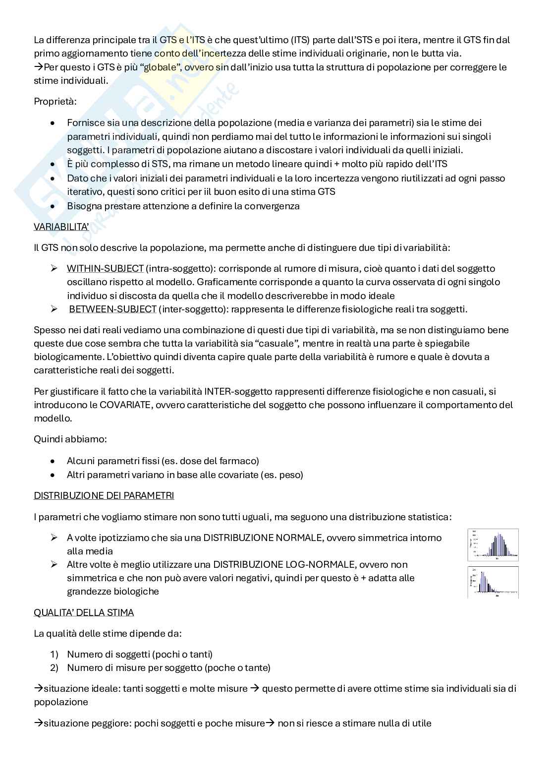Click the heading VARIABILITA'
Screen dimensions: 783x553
[x=61, y=227]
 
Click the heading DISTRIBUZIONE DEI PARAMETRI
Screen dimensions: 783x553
[x=104, y=495]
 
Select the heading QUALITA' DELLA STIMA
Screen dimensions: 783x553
[x=84, y=612]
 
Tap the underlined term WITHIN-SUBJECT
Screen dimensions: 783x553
[x=105, y=268]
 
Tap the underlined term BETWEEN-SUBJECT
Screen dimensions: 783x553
[x=112, y=309]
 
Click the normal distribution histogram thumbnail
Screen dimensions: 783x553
[x=493, y=545]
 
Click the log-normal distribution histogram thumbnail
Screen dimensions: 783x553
[x=493, y=582]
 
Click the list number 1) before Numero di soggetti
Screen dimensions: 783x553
[x=54, y=654]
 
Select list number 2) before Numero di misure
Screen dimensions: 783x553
[x=54, y=667]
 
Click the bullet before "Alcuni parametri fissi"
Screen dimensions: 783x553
[x=53, y=461]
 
